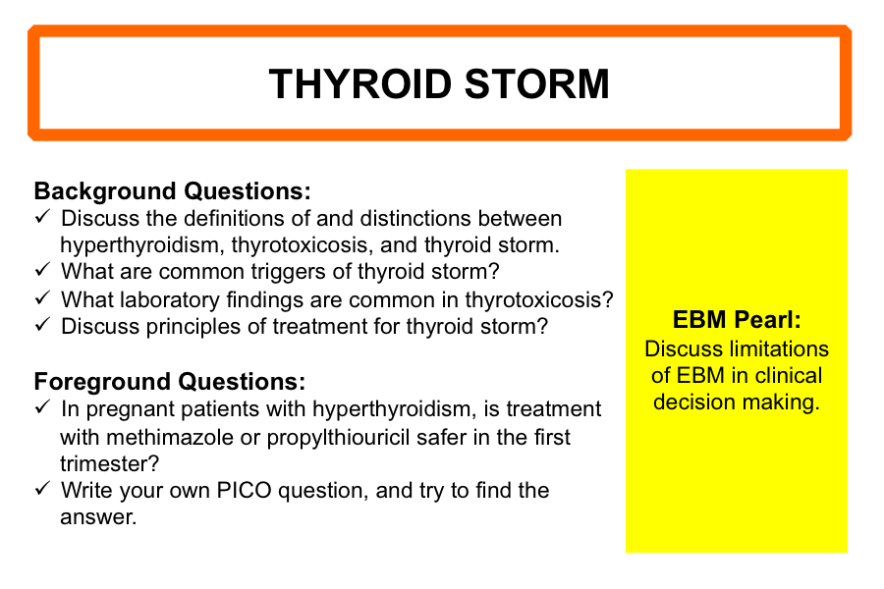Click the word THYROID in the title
(360, 84)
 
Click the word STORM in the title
(537, 84)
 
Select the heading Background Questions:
(173, 191)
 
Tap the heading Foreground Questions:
(170, 382)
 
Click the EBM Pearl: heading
(737, 320)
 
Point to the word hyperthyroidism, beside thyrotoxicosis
(142, 245)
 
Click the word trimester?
(110, 464)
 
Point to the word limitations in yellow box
(775, 348)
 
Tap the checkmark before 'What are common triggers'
(43, 269)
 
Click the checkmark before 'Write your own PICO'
(43, 488)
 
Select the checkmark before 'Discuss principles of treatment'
(43, 324)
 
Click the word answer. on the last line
(98, 517)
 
